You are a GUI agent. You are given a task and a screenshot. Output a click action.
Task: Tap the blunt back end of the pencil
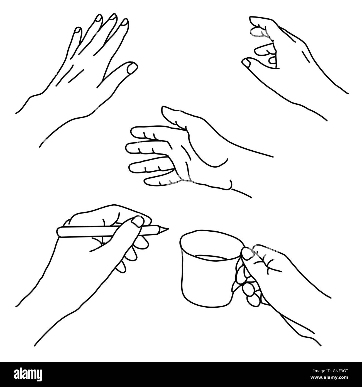click(59, 232)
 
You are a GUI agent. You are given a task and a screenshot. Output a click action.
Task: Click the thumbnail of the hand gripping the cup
click(245, 253)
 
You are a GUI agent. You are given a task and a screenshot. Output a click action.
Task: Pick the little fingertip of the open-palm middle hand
click(147, 182)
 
